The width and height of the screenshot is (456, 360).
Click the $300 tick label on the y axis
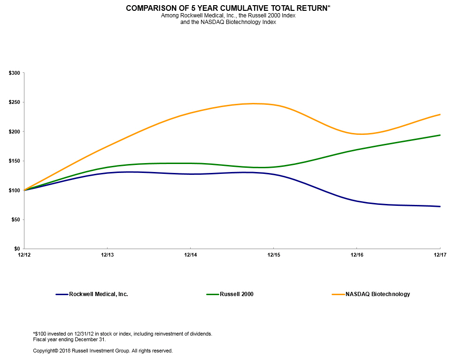(14, 73)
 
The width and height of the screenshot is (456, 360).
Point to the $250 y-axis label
(14, 102)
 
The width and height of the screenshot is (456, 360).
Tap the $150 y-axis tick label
(14, 161)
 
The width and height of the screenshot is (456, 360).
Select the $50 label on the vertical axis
(15, 219)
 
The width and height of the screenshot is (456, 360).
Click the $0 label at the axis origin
(17, 249)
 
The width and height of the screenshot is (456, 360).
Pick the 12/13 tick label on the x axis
(107, 255)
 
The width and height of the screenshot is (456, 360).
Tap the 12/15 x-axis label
(273, 255)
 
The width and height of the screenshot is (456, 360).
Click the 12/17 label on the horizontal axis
(440, 255)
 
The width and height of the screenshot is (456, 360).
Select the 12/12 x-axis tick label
(24, 255)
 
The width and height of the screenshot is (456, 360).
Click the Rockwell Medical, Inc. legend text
(99, 294)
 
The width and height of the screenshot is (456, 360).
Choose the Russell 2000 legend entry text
(237, 294)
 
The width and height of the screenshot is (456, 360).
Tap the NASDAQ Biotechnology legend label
(378, 294)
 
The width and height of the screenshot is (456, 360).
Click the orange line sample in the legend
(338, 294)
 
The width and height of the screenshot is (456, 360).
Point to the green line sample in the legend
(213, 294)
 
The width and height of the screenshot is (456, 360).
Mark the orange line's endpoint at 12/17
(440, 114)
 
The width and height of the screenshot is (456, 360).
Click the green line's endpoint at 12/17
(440, 135)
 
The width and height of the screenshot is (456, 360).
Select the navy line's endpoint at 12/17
(440, 206)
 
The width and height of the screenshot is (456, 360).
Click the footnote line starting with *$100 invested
(123, 334)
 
